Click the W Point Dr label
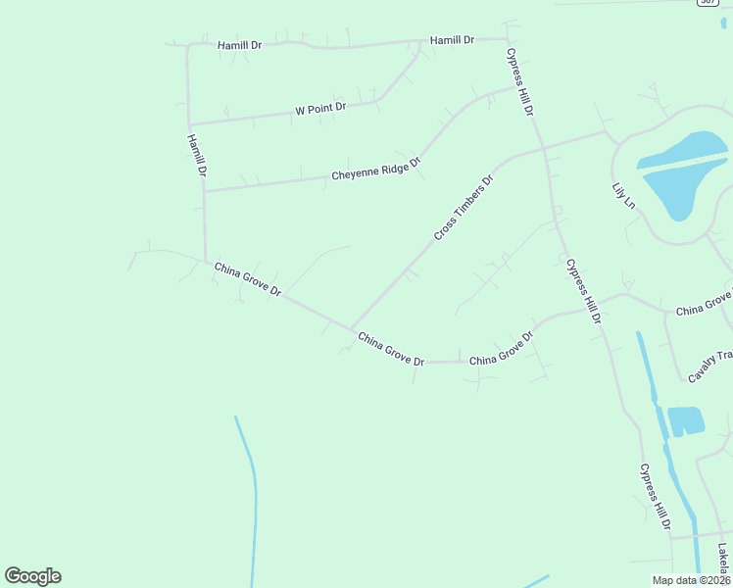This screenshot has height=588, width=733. click(x=320, y=109)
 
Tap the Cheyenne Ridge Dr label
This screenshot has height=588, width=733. click(x=375, y=169)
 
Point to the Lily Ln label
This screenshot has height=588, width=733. click(x=623, y=194)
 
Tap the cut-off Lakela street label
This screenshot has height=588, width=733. click(x=723, y=561)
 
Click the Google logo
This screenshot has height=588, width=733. click(x=32, y=576)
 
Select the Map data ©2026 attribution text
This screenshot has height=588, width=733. click(x=691, y=580)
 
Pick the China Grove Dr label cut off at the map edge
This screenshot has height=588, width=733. click(x=704, y=303)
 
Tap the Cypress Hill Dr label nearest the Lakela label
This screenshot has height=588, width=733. click(x=656, y=499)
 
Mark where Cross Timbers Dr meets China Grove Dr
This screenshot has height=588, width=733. click(x=350, y=329)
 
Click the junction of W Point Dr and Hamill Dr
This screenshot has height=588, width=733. click(x=189, y=124)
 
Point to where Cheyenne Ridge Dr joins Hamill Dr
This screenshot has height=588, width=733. click(x=205, y=190)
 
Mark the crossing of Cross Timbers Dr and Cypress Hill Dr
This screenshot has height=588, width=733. click(x=544, y=149)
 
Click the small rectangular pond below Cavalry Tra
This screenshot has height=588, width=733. click(x=686, y=420)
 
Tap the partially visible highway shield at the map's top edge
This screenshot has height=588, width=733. click(x=708, y=3)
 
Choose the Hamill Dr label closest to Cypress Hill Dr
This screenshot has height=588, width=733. click(x=452, y=40)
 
